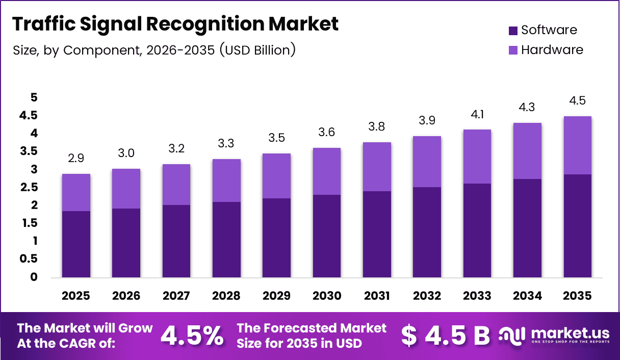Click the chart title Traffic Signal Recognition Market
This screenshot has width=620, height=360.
pyautogui.click(x=175, y=24)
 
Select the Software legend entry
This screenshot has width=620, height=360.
pyautogui.click(x=542, y=30)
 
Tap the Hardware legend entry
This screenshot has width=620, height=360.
pyautogui.click(x=546, y=50)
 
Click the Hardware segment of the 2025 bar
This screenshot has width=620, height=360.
pyautogui.click(x=76, y=192)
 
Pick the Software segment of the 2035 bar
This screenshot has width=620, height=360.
pyautogui.click(x=578, y=226)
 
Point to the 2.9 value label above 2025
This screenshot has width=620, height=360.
pyautogui.click(x=76, y=158)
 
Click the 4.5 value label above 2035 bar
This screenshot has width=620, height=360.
pyautogui.click(x=578, y=100)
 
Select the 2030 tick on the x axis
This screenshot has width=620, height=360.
pyautogui.click(x=327, y=296)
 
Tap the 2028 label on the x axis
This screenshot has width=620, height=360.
pyautogui.click(x=226, y=296)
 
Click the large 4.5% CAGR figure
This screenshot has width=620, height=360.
pyautogui.click(x=192, y=336)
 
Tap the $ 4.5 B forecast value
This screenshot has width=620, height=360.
pyautogui.click(x=445, y=336)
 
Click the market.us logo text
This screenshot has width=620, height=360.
pyautogui.click(x=570, y=333)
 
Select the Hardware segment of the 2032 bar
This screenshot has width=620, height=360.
pyautogui.click(x=427, y=162)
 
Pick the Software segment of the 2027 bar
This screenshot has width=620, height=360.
pyautogui.click(x=176, y=241)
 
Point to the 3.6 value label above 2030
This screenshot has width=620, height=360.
pyautogui.click(x=327, y=132)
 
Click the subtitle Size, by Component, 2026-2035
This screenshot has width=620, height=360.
pyautogui.click(x=153, y=50)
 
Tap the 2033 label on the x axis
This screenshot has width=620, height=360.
pyautogui.click(x=477, y=296)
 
